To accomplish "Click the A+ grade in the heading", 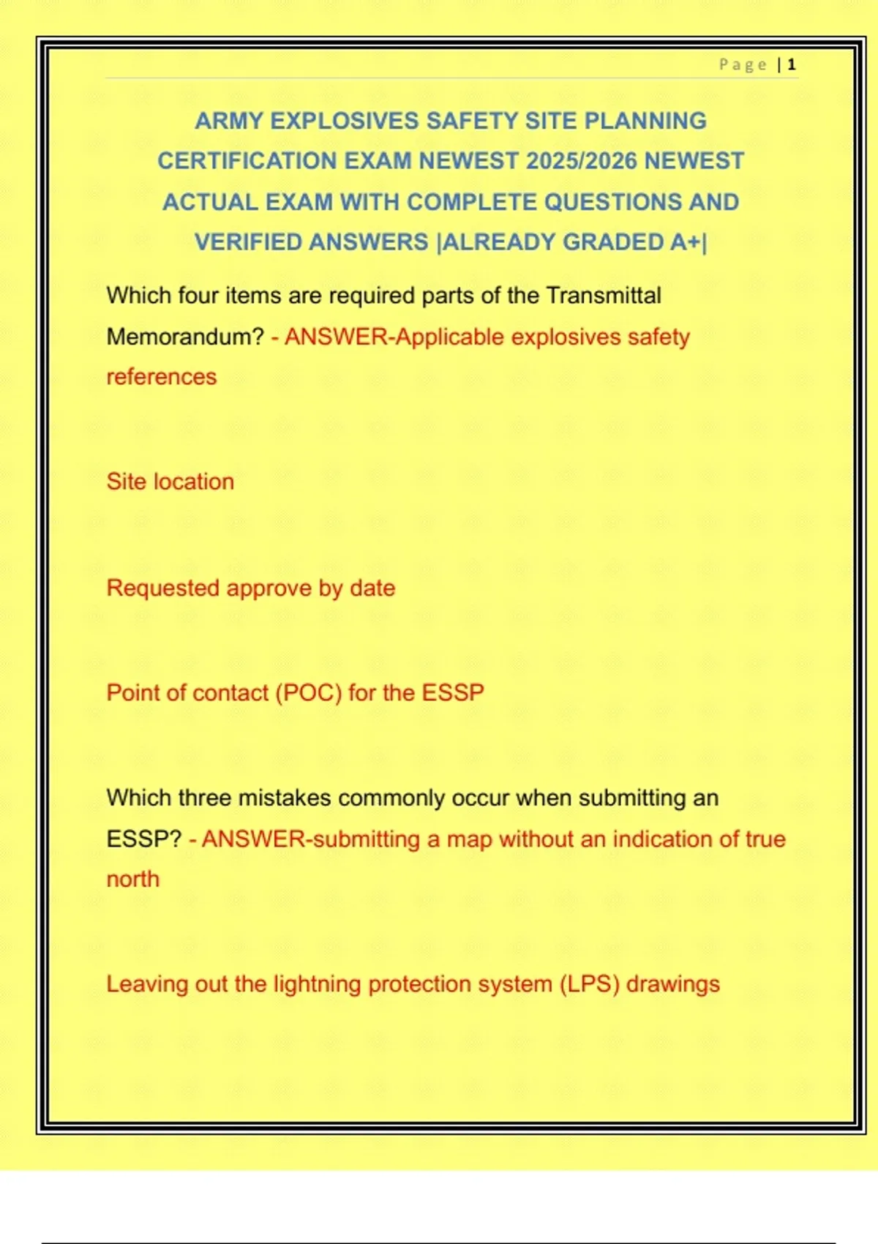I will point(685,242).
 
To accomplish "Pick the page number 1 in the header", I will point(792,65).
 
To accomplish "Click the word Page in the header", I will point(743,65).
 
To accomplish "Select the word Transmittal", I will point(603,296).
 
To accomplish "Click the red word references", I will point(162,377).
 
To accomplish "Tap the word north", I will point(132,879).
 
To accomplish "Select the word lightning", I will point(318,984).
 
